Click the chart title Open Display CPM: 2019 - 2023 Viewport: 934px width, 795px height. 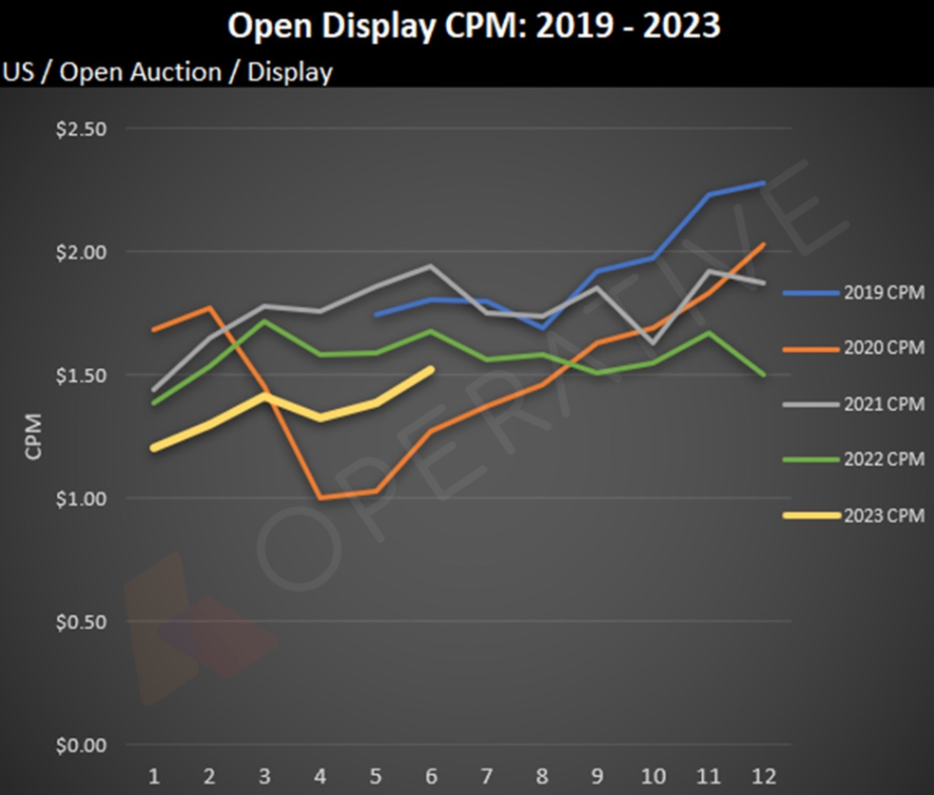coord(473,26)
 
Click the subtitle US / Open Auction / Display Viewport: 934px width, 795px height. coord(168,72)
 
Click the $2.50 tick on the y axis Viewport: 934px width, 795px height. coord(81,129)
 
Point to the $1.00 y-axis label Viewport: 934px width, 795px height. coord(81,498)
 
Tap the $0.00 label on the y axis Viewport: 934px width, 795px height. coord(81,746)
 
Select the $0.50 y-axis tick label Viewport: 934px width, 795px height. coord(81,622)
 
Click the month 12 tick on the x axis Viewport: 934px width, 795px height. coord(763,777)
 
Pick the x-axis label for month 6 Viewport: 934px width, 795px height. coord(431,777)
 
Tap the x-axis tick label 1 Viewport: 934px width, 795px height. coord(154,777)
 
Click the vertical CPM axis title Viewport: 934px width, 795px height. coord(34,437)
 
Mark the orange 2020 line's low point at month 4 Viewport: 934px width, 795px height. coord(320,497)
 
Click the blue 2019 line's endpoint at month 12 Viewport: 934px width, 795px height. coord(763,183)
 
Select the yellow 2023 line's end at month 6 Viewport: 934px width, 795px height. coord(431,369)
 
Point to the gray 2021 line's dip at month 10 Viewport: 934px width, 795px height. coord(652,344)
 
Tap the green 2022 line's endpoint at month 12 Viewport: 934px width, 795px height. coord(763,374)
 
